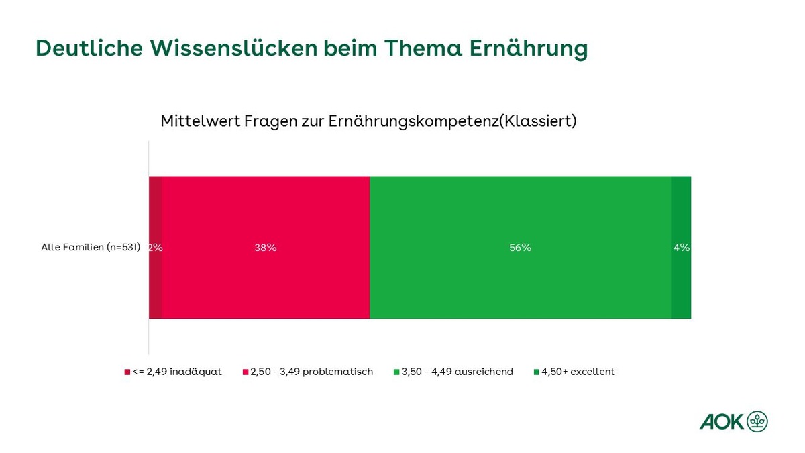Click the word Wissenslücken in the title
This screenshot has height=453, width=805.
[x=233, y=48]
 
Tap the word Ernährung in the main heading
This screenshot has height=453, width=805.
[x=529, y=49]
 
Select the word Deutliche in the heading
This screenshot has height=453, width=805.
[x=89, y=48]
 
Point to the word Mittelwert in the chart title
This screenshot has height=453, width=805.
[x=200, y=121]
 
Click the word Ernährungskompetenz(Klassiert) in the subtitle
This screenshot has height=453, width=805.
[x=452, y=121]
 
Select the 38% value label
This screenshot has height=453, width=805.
[x=266, y=248]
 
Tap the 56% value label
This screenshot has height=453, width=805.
[x=520, y=248]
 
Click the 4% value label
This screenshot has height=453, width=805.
[x=682, y=248]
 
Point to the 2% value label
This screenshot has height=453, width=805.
[x=156, y=248]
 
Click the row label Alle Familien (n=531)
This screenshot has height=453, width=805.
[x=91, y=248]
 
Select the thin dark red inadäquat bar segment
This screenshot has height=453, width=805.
[x=155, y=248]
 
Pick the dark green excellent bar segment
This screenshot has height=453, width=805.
[x=681, y=248]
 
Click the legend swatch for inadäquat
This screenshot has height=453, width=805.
[x=127, y=372]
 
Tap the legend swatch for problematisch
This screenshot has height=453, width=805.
[x=246, y=372]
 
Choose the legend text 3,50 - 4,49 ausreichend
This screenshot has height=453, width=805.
[x=457, y=372]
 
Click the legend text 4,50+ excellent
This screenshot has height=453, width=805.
[x=578, y=372]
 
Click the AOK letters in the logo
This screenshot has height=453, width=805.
[x=722, y=422]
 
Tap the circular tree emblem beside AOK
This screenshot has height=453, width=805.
[x=757, y=421]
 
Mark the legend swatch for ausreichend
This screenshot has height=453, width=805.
[x=396, y=372]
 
